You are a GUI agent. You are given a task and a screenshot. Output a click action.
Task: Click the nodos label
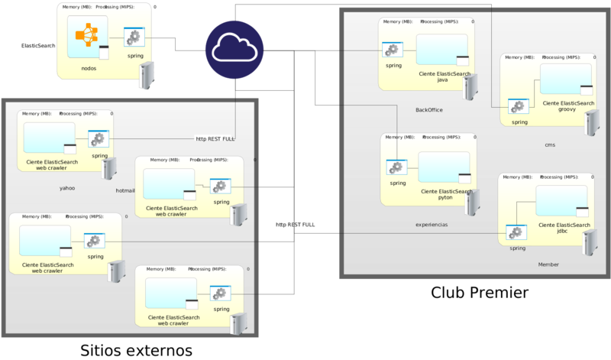(x=89, y=68)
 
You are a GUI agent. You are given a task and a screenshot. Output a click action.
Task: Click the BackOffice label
(x=429, y=110)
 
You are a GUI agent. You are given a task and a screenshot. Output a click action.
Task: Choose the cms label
(x=550, y=144)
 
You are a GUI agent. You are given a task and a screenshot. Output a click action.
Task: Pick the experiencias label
(x=432, y=225)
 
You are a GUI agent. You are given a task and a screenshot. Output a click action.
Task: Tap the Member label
(x=548, y=264)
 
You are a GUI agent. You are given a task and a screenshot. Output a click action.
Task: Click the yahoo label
(x=67, y=187)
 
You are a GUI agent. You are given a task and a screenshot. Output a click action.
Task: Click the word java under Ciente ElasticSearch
(x=442, y=79)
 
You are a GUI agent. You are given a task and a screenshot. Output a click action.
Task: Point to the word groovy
(x=567, y=109)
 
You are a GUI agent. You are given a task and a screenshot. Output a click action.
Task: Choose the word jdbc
(x=564, y=231)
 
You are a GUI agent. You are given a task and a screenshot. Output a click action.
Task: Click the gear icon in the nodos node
(x=134, y=37)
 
